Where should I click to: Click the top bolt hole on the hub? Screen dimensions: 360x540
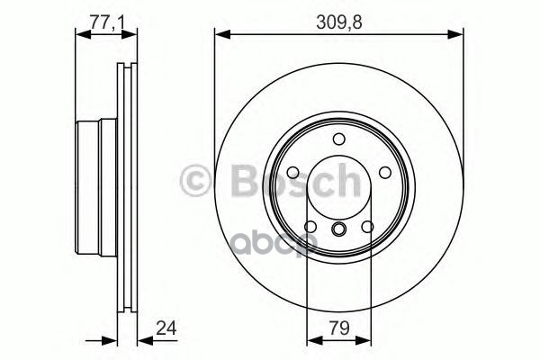pyautogui.click(x=339, y=138)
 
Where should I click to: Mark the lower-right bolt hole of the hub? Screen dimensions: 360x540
pyautogui.click(x=367, y=225)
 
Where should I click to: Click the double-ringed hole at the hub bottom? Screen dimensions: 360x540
pyautogui.click(x=339, y=231)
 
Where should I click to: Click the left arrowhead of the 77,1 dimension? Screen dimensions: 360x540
pyautogui.click(x=81, y=35)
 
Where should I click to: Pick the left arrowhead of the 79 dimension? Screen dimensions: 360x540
pyautogui.click(x=313, y=341)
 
